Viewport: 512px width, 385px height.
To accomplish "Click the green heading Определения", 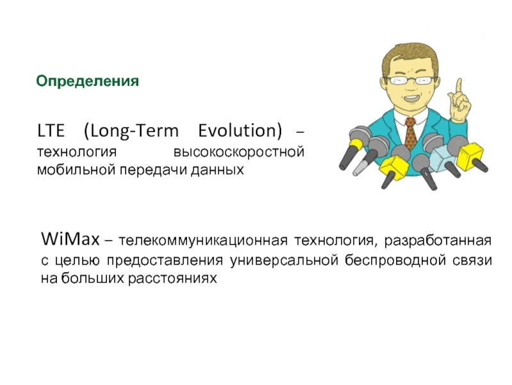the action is pyautogui.click(x=88, y=81).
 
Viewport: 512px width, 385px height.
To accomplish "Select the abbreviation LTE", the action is pyautogui.click(x=51, y=131).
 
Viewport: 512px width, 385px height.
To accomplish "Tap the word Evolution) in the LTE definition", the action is pyautogui.click(x=240, y=131).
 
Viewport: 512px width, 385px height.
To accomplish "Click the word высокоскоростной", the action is pyautogui.click(x=239, y=152).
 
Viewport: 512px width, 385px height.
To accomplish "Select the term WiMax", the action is pyautogui.click(x=70, y=239).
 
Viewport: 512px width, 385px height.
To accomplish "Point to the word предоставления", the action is pyautogui.click(x=165, y=261).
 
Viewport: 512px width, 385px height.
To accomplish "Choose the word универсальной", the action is pyautogui.click(x=284, y=261).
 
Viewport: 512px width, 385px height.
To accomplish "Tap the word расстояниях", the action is pyautogui.click(x=172, y=279).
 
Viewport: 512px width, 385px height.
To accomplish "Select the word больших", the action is pyautogui.click(x=92, y=278).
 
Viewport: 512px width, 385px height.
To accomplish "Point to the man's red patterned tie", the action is pyautogui.click(x=410, y=134).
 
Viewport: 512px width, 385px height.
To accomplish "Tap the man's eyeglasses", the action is pyautogui.click(x=410, y=80).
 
